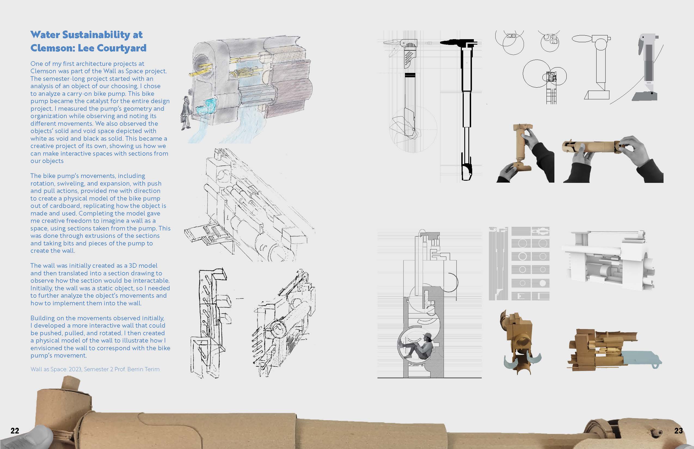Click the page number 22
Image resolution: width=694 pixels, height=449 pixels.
pyautogui.click(x=15, y=430)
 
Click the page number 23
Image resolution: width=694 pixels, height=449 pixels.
pyautogui.click(x=678, y=430)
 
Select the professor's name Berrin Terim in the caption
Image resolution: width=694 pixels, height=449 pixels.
pyautogui.click(x=143, y=369)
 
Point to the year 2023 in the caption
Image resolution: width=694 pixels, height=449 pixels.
pyautogui.click(x=75, y=369)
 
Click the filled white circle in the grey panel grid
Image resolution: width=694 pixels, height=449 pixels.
pyautogui.click(x=542, y=283)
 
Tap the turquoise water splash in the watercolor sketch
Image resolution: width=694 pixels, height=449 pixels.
pyautogui.click(x=205, y=106)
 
